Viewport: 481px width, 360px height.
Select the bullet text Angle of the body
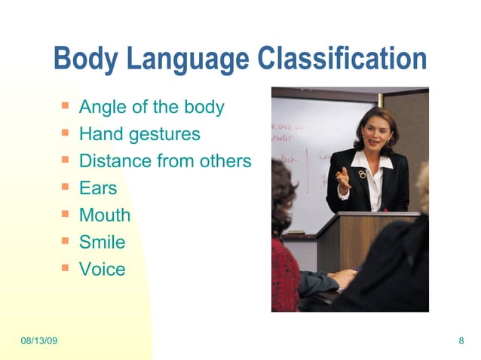pyautogui.click(x=152, y=107)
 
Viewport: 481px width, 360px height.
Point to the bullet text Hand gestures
pyautogui.click(x=139, y=134)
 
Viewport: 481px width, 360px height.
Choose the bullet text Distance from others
pyautogui.click(x=164, y=161)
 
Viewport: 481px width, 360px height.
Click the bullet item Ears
pyautogui.click(x=98, y=188)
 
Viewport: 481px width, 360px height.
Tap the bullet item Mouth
pyautogui.click(x=105, y=215)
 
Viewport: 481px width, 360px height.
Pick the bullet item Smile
pyautogui.click(x=102, y=243)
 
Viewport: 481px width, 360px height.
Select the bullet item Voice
pyautogui.click(x=102, y=269)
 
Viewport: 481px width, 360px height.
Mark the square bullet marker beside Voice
pyautogui.click(x=66, y=267)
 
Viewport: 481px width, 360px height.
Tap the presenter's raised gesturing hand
pyautogui.click(x=343, y=178)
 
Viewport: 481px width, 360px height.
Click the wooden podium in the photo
pyautogui.click(x=362, y=241)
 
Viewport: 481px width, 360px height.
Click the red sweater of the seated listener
pyautogui.click(x=284, y=275)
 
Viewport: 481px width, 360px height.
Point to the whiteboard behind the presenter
pyautogui.click(x=302, y=166)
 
